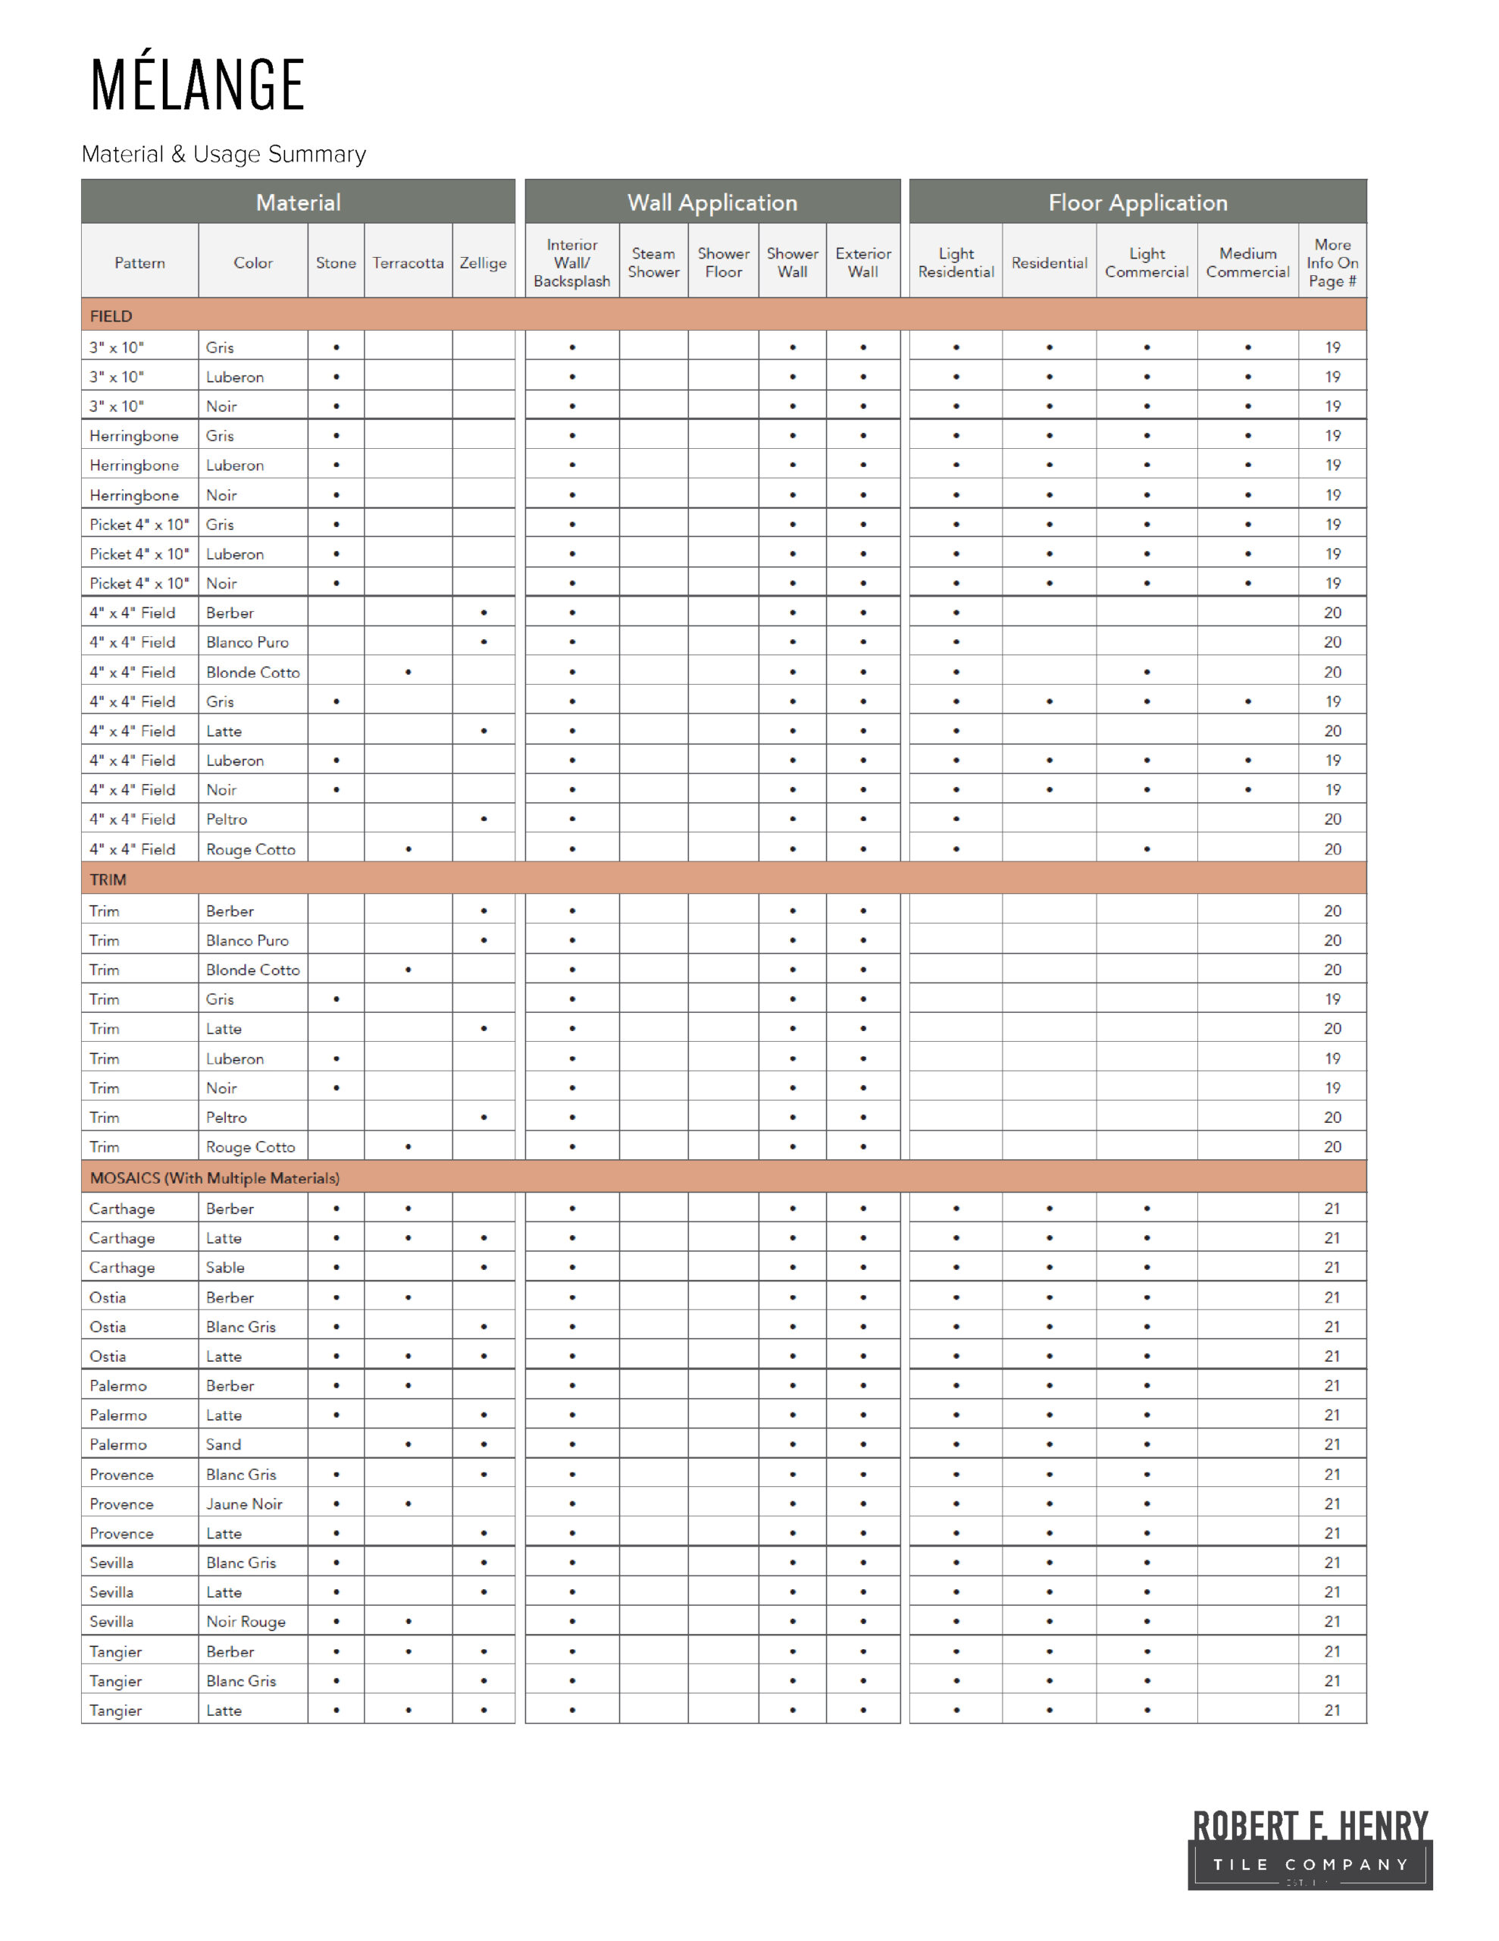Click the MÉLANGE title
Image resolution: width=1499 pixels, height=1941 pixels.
[197, 83]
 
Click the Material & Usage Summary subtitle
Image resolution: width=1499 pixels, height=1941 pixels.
[223, 154]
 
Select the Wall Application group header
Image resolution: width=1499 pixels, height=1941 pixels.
[712, 202]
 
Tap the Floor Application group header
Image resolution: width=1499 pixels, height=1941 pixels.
[1137, 202]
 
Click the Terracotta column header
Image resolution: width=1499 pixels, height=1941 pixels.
[408, 263]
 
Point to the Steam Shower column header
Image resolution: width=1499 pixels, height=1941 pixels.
[653, 263]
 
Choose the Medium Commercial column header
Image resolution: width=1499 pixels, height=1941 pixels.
[1247, 263]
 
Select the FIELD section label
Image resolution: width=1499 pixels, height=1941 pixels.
[111, 315]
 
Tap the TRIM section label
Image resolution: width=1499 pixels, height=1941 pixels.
[108, 879]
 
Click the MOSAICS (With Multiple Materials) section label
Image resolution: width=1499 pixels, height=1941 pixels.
[214, 1177]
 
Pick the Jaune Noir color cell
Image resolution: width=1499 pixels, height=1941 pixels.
[244, 1504]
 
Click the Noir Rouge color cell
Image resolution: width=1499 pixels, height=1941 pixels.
[246, 1621]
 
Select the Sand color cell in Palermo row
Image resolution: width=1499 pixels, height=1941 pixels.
[224, 1444]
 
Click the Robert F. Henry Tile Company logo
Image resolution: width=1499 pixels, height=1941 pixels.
[1309, 1849]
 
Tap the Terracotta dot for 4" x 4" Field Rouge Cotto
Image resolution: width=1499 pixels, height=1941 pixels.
[408, 848]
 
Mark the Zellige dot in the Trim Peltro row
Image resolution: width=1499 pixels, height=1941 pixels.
[483, 1117]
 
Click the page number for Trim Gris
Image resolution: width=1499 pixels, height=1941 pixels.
[1332, 999]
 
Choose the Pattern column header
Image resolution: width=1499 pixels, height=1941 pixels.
[139, 263]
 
